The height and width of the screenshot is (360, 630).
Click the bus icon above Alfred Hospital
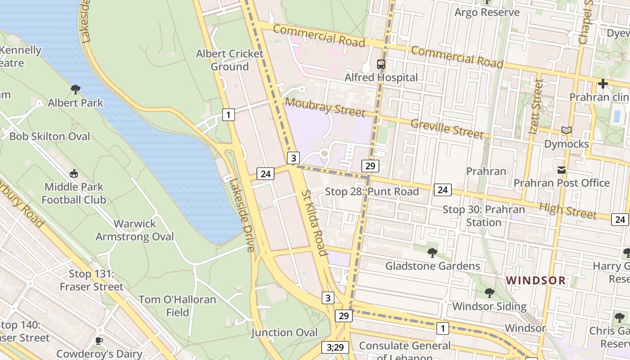381,64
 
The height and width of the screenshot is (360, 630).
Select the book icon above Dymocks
566,130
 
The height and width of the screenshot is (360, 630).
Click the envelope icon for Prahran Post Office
562,170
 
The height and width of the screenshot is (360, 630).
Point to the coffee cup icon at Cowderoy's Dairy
99,341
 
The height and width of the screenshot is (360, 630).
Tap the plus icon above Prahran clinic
603,84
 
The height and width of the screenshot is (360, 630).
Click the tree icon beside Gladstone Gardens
432,253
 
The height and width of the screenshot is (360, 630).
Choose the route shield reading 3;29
335,347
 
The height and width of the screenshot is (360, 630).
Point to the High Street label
568,210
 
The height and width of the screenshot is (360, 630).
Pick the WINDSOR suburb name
535,280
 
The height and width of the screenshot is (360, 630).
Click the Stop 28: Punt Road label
372,192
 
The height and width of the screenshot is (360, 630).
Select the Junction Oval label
284,333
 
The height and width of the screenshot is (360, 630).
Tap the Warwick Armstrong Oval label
135,230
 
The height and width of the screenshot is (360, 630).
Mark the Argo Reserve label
487,12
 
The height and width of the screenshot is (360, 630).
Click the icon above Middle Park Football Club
74,173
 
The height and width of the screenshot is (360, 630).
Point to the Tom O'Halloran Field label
177,306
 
